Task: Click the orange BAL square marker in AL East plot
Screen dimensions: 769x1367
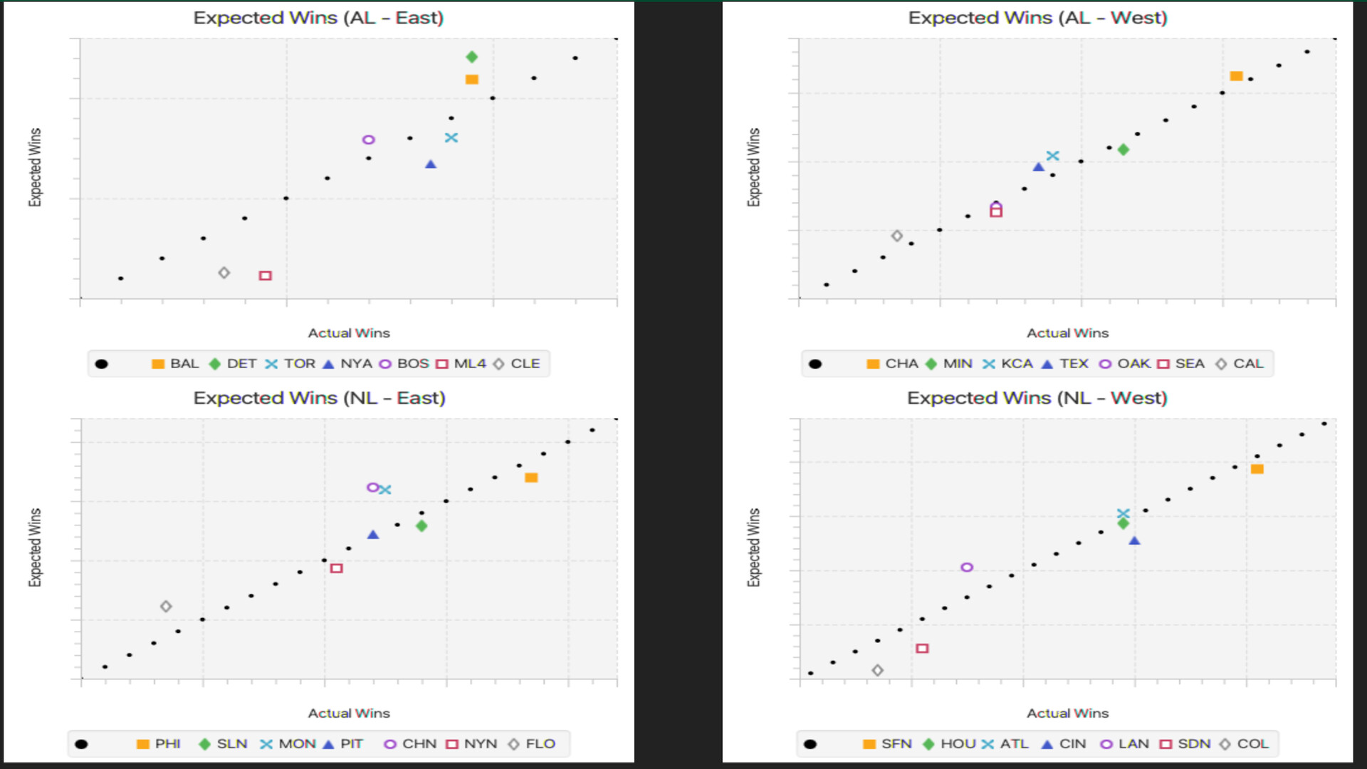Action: pos(471,80)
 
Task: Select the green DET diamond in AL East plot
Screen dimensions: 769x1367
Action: pos(471,57)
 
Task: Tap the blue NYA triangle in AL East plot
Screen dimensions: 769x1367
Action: pos(431,164)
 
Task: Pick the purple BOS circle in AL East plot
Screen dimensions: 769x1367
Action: pos(368,140)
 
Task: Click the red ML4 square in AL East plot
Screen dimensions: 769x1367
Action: pos(265,276)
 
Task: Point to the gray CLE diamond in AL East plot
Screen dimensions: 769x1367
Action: pos(224,273)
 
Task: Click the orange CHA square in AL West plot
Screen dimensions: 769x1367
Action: pos(1236,76)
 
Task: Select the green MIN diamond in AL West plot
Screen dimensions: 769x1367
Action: pos(1123,150)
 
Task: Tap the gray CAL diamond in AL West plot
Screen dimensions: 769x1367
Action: pos(897,236)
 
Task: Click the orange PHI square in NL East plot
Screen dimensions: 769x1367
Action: pos(531,478)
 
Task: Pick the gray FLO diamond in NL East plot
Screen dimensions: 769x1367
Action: pos(166,607)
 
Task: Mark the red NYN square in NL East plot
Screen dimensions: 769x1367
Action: pos(337,568)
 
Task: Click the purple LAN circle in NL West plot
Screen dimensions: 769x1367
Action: pos(966,567)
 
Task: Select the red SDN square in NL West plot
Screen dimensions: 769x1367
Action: pos(922,649)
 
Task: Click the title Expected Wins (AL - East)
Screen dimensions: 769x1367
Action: pos(318,18)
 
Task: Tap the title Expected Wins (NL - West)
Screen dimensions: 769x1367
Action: pos(1037,398)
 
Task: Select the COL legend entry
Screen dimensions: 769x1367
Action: pos(1244,744)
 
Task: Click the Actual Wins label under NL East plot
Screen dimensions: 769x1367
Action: pos(349,713)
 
